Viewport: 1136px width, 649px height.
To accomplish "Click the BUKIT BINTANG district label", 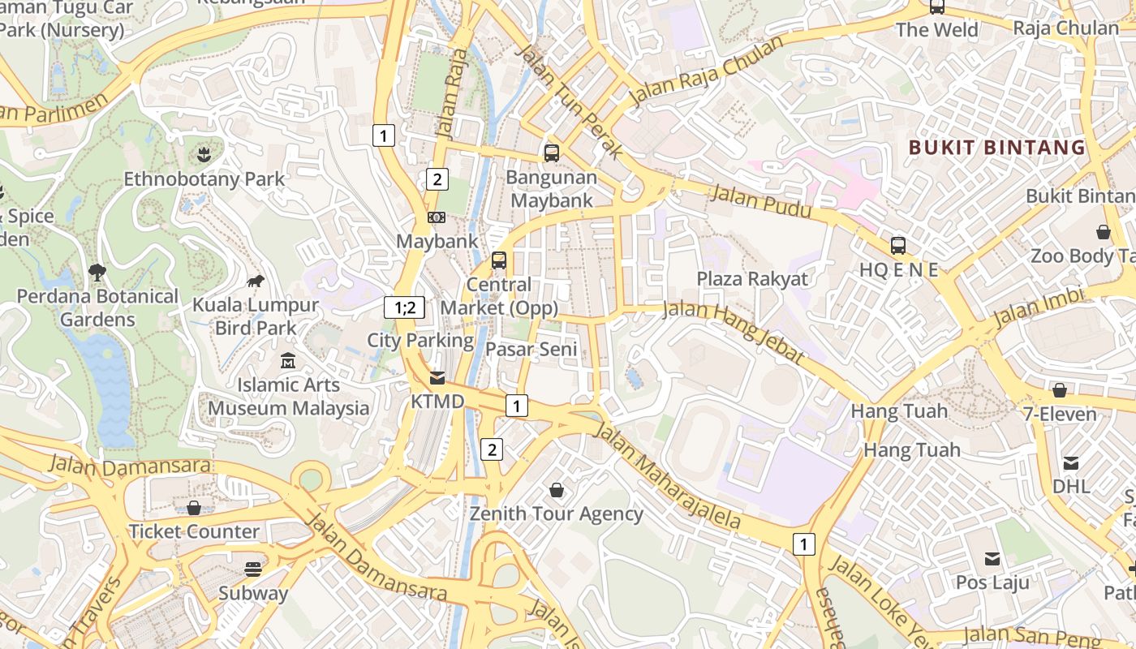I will tap(996, 148).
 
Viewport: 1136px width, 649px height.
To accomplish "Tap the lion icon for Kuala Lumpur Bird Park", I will tap(256, 282).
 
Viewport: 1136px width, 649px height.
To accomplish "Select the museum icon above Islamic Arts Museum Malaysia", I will tap(288, 360).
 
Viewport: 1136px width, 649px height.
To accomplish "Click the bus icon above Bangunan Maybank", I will tap(552, 153).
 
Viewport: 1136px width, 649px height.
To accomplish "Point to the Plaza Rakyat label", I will tap(752, 279).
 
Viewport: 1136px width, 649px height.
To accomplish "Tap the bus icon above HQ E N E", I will tap(898, 245).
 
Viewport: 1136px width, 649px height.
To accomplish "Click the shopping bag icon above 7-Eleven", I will tap(1059, 390).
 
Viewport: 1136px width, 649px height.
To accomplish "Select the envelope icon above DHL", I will tap(1071, 462).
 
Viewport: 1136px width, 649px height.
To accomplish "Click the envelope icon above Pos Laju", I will tap(992, 558).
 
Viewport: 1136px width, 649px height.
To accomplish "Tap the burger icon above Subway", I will tap(253, 569).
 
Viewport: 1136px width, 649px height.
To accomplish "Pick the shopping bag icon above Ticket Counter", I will tap(194, 508).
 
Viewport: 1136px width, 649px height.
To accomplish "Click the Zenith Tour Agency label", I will tap(557, 514).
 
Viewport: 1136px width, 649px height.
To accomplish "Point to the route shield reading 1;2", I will tap(404, 307).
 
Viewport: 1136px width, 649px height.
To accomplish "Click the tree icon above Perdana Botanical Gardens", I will tap(97, 272).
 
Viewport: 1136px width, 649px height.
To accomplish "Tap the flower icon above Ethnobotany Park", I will tap(204, 154).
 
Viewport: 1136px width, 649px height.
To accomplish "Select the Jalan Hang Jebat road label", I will tap(734, 332).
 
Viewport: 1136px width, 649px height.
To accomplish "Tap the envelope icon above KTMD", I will tap(437, 378).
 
